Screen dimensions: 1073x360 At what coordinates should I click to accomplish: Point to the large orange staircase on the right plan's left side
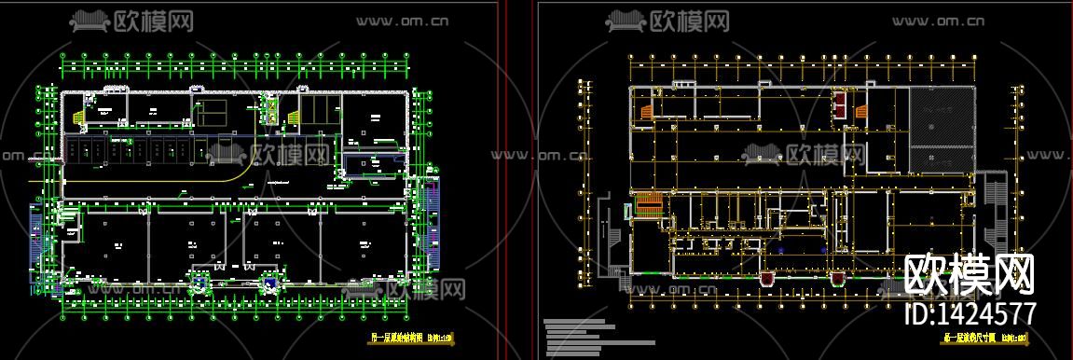click(648, 203)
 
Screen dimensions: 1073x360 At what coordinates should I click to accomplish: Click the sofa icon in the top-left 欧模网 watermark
click(89, 21)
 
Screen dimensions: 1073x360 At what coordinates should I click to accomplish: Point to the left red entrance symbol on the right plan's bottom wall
click(767, 277)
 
